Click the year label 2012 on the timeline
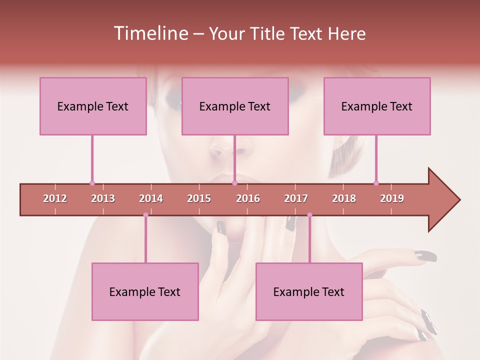[x=55, y=198]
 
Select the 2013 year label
[x=103, y=198]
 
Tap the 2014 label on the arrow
[x=151, y=198]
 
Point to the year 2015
[x=199, y=198]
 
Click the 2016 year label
[x=248, y=198]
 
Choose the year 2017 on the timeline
[x=296, y=198]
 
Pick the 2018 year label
[x=344, y=198]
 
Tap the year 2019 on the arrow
[x=392, y=198]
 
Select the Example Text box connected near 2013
[x=93, y=106]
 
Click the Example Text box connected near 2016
[x=235, y=106]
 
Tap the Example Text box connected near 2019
[x=377, y=106]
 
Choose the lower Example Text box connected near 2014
[x=145, y=291]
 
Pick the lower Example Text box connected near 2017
[x=309, y=291]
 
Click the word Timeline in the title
[x=150, y=33]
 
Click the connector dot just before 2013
[x=92, y=183]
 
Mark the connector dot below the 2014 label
[x=145, y=215]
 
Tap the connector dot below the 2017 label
[x=309, y=215]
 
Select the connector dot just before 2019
[x=376, y=183]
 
